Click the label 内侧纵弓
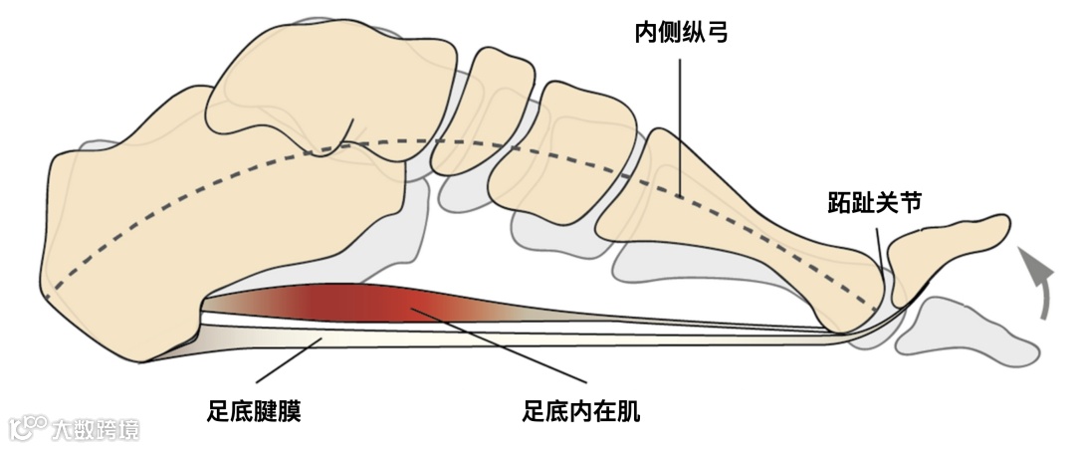682,34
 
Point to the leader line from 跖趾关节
879,249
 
